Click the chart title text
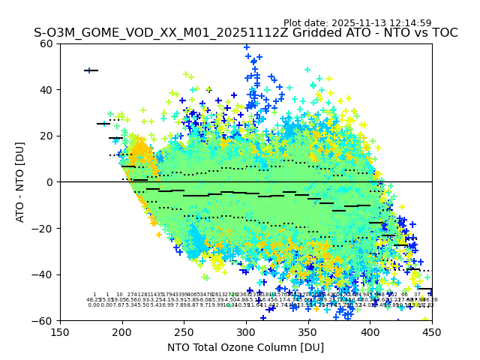[245, 33]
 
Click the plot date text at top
[357, 23]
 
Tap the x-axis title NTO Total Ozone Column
[245, 347]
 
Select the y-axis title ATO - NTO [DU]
[20, 181]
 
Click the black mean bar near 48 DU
[91, 70]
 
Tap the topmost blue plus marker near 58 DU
[246, 47]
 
